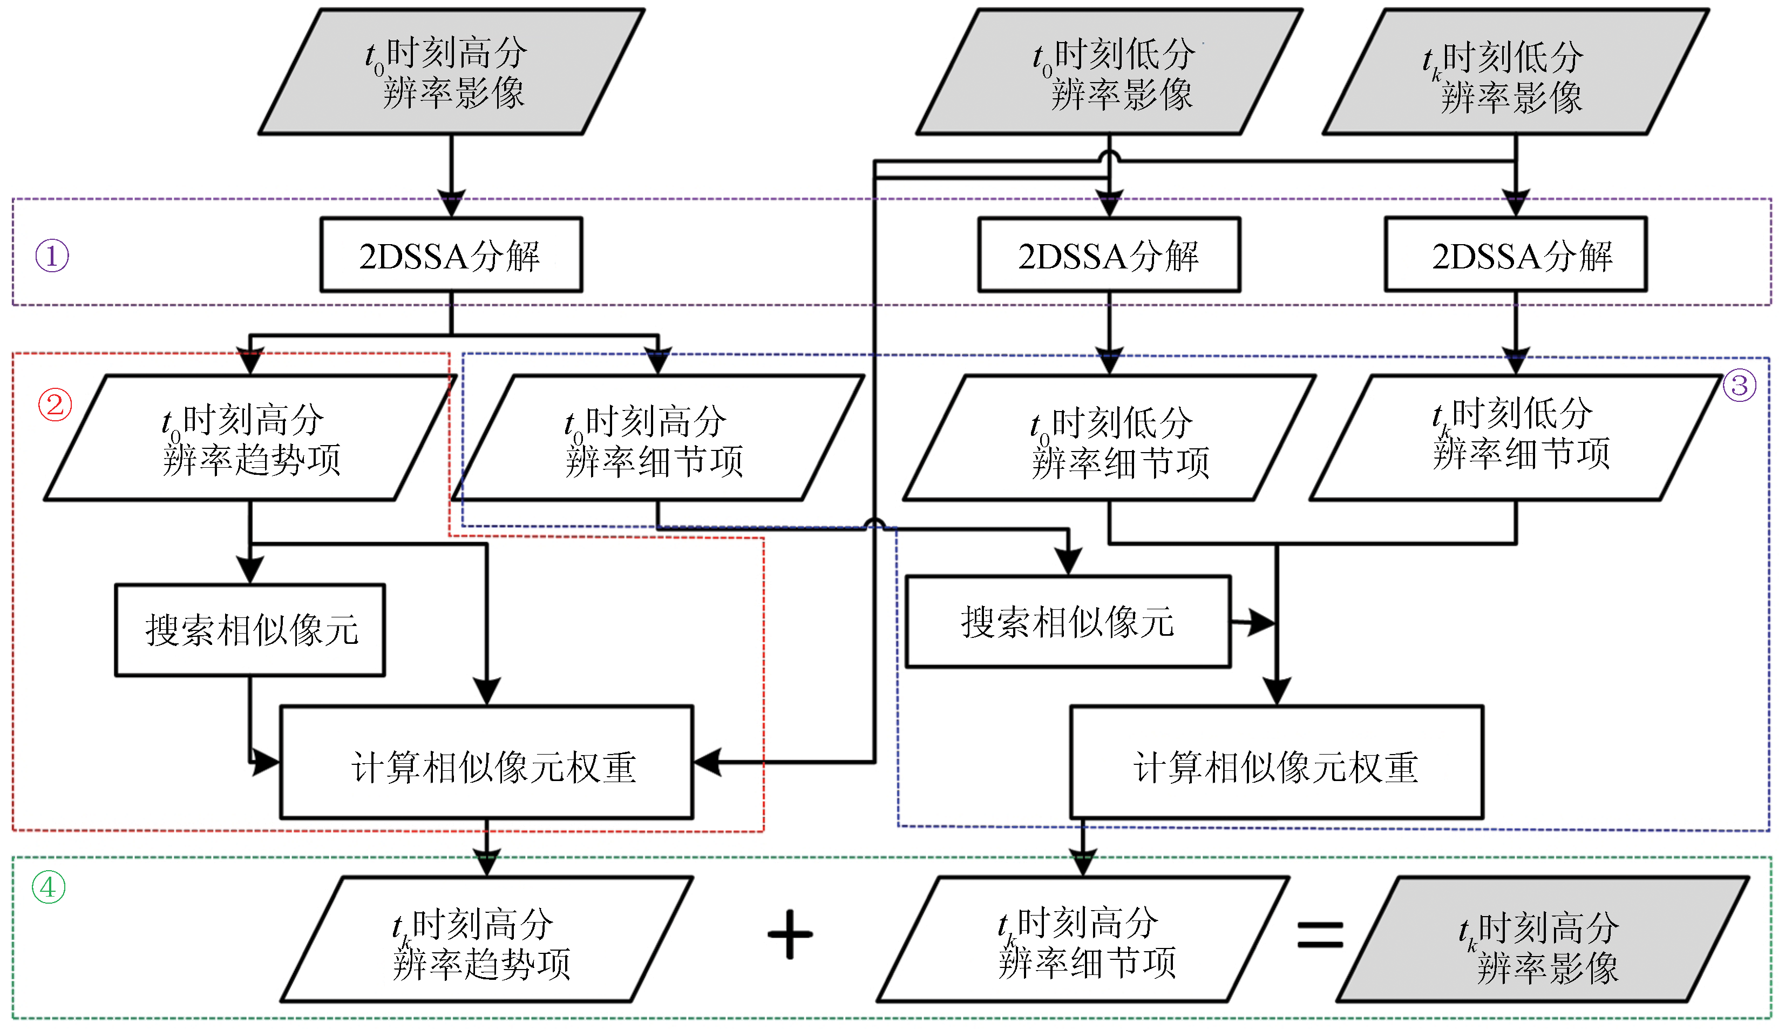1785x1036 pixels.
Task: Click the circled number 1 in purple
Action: pos(52,256)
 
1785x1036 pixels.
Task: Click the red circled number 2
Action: pos(55,405)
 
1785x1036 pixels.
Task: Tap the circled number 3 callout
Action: pos(1740,386)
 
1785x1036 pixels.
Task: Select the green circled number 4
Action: pos(48,887)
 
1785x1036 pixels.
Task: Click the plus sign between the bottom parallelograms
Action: pos(790,934)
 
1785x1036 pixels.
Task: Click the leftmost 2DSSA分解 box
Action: pos(451,255)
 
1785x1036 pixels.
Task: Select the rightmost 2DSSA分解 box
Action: pos(1516,255)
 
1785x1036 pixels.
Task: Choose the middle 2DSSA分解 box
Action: pos(1109,255)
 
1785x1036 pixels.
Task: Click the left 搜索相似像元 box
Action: pos(250,630)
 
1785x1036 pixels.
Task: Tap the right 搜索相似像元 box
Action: pos(1068,622)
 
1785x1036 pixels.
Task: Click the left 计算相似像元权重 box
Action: pos(487,763)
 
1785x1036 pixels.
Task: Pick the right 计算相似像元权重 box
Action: pos(1277,763)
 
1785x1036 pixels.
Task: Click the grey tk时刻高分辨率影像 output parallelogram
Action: pos(1543,940)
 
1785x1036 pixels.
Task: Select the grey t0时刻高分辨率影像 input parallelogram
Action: pos(451,72)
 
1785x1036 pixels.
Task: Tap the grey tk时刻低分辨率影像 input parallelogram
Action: pos(1516,72)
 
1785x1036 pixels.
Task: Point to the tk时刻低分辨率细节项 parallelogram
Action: pos(1516,438)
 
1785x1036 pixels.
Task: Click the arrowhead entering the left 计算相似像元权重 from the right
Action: pos(707,763)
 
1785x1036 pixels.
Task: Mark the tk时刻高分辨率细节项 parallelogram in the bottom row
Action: pos(1082,940)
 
